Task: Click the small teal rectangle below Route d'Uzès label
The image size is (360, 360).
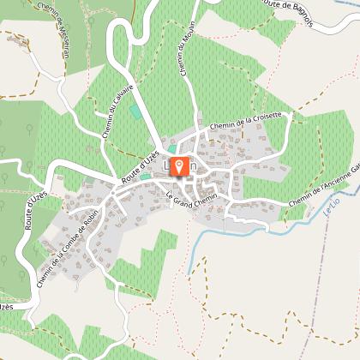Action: [145, 177]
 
